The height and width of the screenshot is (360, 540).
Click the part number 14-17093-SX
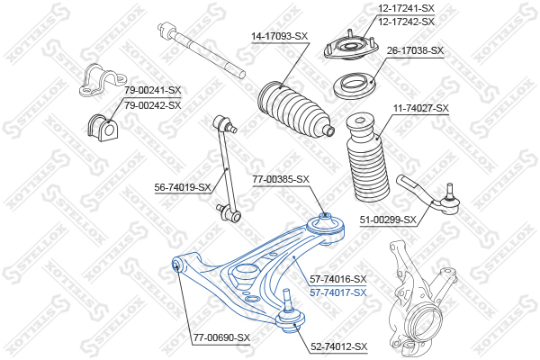click(279, 36)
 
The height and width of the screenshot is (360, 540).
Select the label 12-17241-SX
click(406, 9)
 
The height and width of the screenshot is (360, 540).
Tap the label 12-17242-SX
click(406, 21)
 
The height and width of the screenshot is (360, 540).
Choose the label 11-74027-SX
click(420, 108)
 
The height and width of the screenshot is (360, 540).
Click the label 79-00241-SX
click(153, 90)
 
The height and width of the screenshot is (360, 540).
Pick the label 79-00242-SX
click(153, 104)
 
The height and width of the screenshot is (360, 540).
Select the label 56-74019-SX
click(183, 187)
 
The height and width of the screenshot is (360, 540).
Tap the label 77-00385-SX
click(281, 179)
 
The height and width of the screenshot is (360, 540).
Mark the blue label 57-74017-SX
click(338, 292)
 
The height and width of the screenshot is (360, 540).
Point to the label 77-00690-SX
click(221, 337)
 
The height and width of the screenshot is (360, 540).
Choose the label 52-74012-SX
click(338, 346)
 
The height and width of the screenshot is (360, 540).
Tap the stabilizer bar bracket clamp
click(95, 80)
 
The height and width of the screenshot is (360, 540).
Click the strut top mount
click(349, 48)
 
